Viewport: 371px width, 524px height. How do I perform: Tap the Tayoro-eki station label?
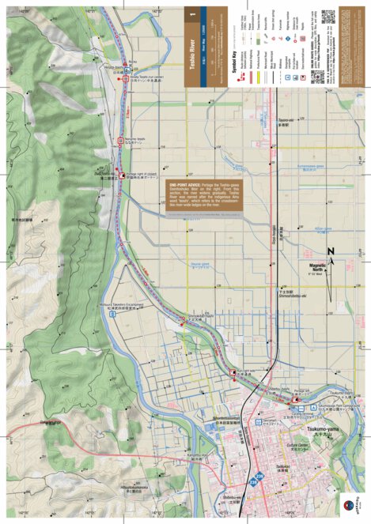286,120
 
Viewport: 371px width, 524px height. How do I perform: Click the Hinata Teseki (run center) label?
146,78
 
